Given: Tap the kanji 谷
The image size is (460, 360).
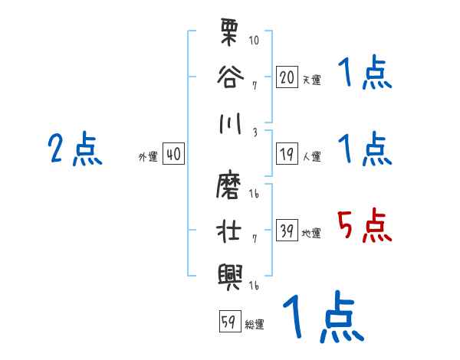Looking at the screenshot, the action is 230,77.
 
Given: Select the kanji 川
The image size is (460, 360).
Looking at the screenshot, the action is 230,123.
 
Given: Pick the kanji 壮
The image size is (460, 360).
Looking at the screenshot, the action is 230,231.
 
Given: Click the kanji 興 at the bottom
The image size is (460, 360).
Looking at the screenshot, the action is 230,273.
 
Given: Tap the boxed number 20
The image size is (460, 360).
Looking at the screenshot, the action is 287,78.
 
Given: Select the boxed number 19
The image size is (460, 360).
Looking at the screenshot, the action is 287,155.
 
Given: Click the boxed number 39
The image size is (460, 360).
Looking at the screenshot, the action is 287,231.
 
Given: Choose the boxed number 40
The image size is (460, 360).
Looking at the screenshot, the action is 172,155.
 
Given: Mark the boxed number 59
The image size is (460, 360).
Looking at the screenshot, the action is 228,322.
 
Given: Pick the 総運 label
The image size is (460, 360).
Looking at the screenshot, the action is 255,325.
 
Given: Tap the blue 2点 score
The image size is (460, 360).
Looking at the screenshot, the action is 74,149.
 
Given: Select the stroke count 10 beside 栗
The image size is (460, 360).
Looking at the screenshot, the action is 254,39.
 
